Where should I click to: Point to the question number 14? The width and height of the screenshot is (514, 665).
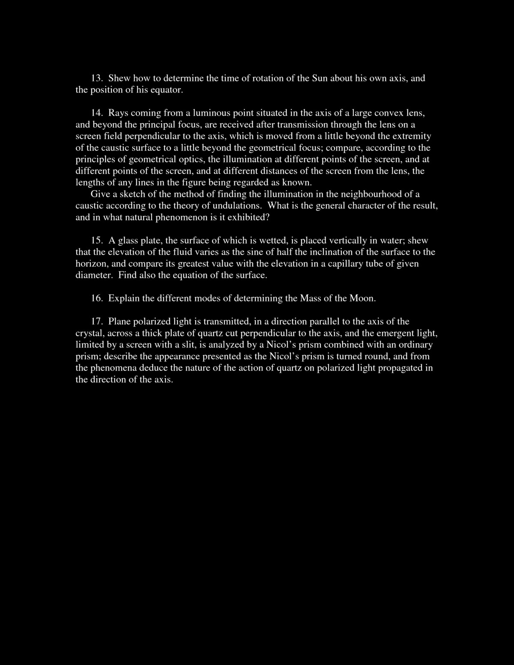(96, 113)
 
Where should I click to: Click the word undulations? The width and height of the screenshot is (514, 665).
(238, 206)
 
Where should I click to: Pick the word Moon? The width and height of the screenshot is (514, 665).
(362, 298)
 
